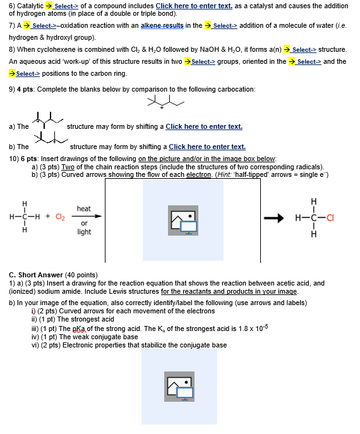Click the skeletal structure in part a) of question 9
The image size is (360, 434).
tap(47, 120)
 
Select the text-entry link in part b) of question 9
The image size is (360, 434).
tap(207, 147)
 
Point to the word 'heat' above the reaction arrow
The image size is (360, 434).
tap(84, 208)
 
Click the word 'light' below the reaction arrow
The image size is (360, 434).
tap(84, 232)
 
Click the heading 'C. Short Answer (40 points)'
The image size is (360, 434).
tap(53, 275)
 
